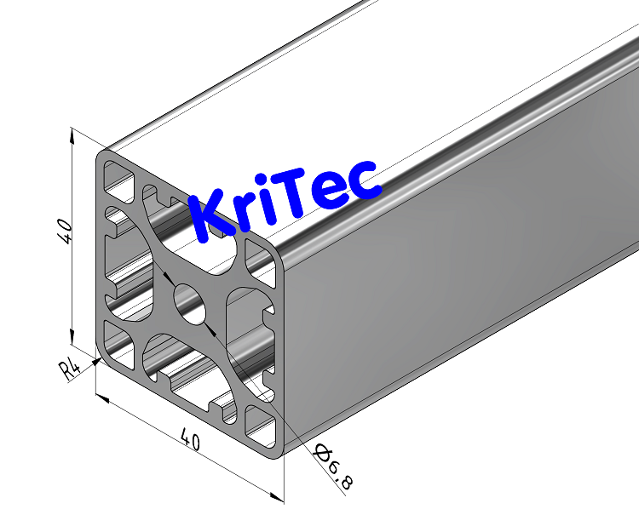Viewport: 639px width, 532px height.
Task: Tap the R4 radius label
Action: tap(70, 369)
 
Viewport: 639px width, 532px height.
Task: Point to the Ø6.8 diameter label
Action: tap(332, 467)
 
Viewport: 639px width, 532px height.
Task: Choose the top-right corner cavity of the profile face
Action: tap(259, 256)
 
